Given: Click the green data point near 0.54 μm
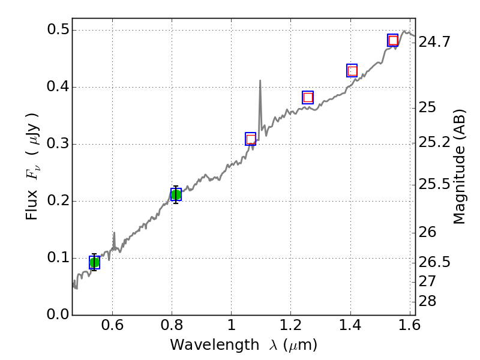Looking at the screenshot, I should pos(94,262).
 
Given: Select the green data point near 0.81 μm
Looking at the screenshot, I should pos(176,194).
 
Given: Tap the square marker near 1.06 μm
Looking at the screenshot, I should pos(251,139).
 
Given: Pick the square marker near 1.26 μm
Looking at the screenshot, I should pos(308,97).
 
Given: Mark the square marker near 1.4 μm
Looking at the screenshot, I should pos(352,71).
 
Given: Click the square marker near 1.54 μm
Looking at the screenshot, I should pos(393,40).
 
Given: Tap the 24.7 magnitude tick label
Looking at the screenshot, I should pos(435,43).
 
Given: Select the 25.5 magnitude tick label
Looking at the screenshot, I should pos(435,184).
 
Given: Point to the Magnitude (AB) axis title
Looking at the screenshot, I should pos(460,167).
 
